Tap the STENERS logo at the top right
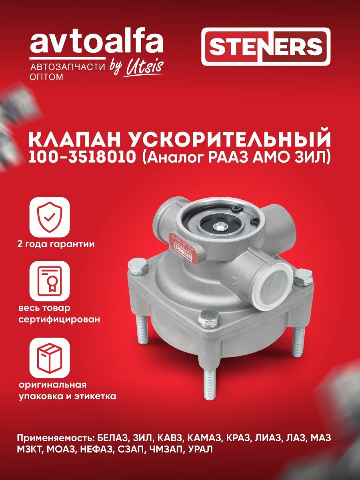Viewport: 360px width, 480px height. (x=266, y=47)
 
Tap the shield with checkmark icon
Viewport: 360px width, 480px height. (x=50, y=218)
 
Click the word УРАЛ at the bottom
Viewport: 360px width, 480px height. (x=199, y=450)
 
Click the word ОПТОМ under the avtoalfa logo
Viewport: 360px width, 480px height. (x=46, y=77)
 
